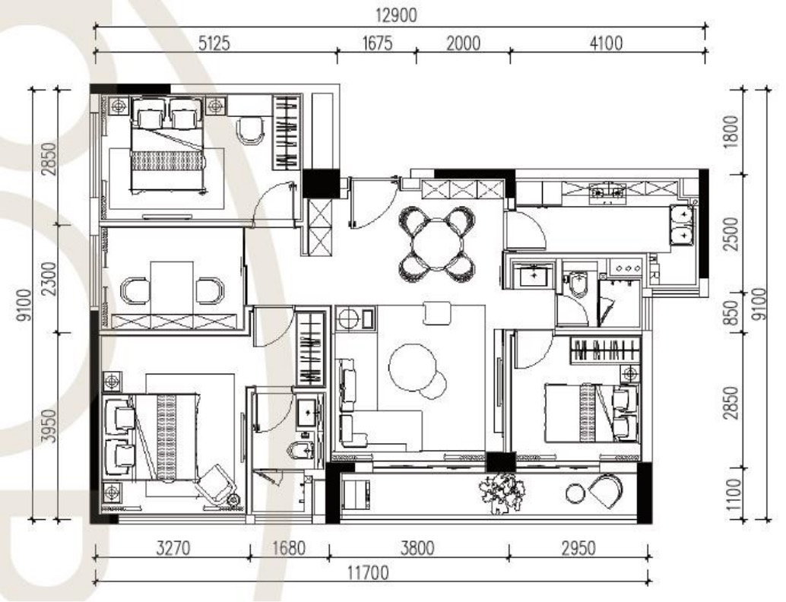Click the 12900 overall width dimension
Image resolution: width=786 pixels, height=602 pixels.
point(396,15)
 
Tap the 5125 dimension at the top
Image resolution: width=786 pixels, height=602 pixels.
point(214,43)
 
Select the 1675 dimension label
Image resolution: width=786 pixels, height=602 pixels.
point(377,43)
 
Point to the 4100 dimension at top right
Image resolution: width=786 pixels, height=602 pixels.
point(606,43)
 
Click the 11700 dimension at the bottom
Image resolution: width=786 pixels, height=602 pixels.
point(368,572)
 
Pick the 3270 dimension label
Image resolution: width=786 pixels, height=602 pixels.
point(173,548)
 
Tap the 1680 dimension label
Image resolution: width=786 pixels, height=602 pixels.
point(289,548)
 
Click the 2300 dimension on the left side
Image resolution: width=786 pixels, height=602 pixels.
point(49,278)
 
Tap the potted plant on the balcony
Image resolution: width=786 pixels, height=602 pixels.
point(502,493)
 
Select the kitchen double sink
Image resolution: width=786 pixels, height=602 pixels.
point(682,224)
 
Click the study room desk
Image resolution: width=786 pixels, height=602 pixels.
point(173,288)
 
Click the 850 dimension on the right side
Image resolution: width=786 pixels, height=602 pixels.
point(733,312)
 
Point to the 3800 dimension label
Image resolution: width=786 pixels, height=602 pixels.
point(417,548)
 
